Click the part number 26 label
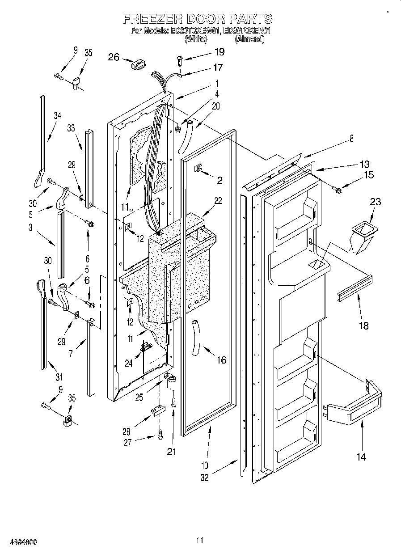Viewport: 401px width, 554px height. pos(114,57)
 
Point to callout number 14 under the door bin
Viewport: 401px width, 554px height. pos(361,457)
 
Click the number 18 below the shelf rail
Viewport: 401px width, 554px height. pos(364,326)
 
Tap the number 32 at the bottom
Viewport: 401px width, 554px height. pos(204,478)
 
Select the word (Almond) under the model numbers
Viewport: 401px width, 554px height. pos(249,39)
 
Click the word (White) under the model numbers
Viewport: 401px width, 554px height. pos(196,39)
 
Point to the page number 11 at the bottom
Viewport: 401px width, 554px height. pos(200,541)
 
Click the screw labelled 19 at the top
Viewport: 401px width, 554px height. pos(180,58)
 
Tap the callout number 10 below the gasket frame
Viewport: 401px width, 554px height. pos(205,465)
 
